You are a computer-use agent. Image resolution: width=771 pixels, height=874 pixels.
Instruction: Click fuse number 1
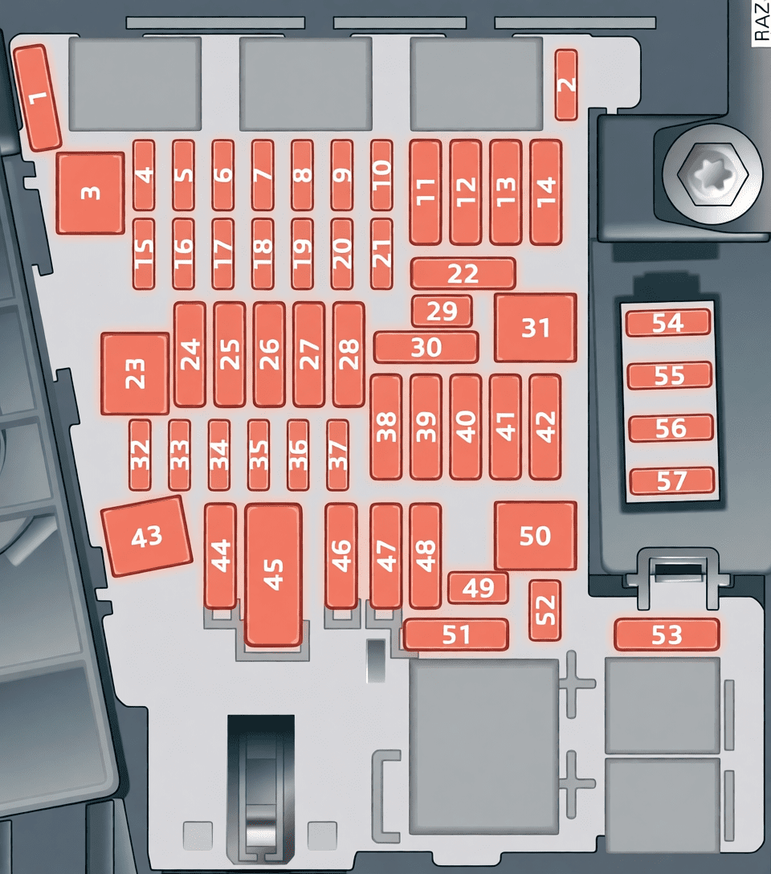pos(37,97)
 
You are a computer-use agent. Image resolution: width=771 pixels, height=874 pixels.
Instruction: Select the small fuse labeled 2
pos(566,84)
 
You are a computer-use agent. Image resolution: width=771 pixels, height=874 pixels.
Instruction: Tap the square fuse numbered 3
pos(90,193)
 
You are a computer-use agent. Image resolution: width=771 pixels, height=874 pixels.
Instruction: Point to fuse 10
pos(381,175)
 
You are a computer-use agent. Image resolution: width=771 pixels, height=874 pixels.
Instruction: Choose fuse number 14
pos(546,192)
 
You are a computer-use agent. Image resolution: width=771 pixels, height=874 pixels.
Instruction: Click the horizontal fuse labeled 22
pos(463,273)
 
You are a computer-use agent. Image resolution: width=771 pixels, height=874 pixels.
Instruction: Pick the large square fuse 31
pos(536,328)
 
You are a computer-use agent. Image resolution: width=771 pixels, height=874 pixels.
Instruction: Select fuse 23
pos(135,374)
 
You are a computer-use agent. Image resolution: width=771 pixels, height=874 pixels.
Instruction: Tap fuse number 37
pos(337,455)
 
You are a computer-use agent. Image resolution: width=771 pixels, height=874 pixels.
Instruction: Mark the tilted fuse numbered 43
pos(147,537)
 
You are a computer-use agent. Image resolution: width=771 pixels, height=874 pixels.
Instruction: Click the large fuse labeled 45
pos(274,574)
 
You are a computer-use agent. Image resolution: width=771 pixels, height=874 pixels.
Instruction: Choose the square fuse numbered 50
pos(536,536)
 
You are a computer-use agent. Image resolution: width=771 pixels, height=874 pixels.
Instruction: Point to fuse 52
pos(545,610)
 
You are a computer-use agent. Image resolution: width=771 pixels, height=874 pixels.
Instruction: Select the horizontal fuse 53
pos(667,635)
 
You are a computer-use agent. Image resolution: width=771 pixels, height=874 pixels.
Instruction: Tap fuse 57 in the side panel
pos(672,480)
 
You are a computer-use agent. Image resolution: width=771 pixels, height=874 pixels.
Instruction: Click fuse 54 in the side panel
pos(668,323)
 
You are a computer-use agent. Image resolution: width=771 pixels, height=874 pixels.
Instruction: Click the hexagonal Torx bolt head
pos(712,175)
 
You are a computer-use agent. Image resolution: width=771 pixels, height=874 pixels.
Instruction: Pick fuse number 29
pos(442,311)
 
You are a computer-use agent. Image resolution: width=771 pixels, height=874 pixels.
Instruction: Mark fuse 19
pos(302,254)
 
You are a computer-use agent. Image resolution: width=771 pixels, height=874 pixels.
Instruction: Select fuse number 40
pos(466,427)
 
